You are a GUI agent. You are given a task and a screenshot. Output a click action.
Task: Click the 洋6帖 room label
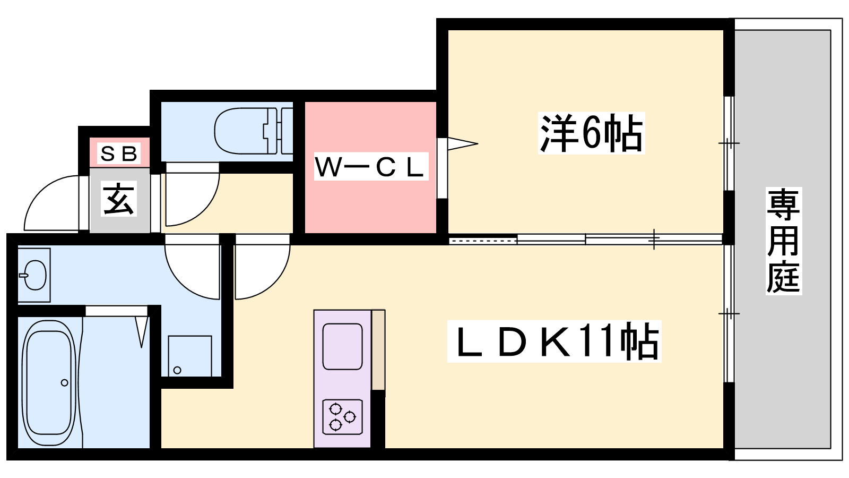[591, 133]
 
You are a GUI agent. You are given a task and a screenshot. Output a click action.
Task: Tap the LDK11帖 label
[554, 341]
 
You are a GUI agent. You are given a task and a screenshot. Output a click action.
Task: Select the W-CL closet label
[371, 167]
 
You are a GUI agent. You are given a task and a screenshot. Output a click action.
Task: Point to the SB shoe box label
[119, 153]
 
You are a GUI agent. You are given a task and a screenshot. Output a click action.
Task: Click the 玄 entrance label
[119, 200]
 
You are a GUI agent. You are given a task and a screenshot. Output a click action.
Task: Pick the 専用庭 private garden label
[783, 241]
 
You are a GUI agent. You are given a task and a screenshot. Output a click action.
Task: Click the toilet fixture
[253, 131]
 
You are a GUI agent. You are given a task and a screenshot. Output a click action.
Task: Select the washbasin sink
[34, 275]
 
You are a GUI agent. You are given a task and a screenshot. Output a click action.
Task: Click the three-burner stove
[342, 416]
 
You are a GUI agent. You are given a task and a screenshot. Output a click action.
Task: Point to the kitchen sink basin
[342, 346]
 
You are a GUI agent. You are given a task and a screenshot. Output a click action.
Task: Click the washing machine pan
[190, 356]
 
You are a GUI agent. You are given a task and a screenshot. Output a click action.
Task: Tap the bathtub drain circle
[64, 383]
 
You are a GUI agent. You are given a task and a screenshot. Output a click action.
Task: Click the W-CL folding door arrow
[462, 144]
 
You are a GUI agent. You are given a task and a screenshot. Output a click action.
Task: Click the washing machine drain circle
[177, 370]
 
